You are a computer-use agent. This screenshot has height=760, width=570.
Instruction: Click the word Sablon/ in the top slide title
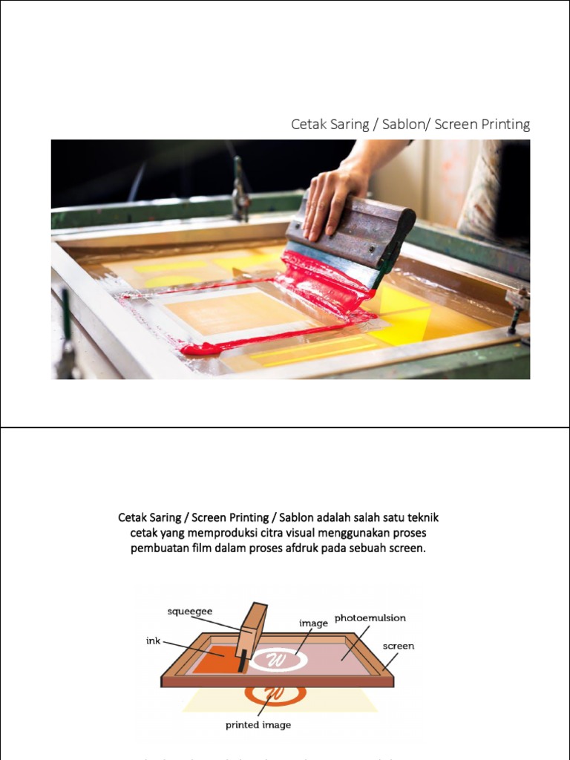coord(403,125)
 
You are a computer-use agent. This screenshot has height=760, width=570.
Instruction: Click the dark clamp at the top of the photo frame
coord(240,191)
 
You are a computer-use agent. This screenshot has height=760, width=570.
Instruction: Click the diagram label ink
coord(153,641)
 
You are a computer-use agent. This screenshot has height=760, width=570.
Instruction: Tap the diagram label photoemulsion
coord(370,617)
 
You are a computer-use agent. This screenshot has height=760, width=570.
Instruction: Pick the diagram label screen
coord(399,646)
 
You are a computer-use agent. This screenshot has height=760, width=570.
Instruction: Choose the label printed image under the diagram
coord(258,724)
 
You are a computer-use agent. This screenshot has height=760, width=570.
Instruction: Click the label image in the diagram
coord(313,623)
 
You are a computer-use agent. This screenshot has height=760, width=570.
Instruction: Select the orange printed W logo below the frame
coord(275,695)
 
